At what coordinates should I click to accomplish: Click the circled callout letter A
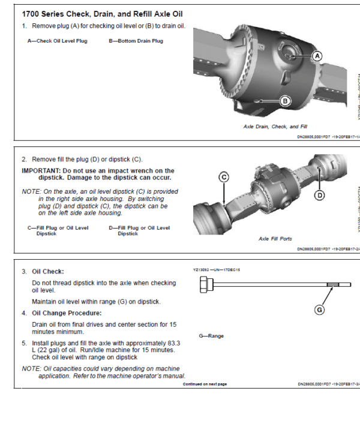(317, 55)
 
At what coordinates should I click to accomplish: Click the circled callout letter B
(286, 101)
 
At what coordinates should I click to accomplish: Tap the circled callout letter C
(224, 177)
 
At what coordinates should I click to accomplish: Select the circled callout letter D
(320, 194)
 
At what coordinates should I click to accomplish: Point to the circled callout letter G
(320, 310)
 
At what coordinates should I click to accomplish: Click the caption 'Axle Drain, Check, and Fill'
(275, 127)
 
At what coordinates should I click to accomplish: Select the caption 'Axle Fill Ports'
(275, 238)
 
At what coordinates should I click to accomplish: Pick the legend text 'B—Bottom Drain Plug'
(136, 41)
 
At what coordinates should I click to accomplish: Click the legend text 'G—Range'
(211, 336)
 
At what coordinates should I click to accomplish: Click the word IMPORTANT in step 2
(40, 171)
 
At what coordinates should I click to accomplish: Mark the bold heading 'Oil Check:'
(48, 272)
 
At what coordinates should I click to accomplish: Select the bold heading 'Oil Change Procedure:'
(67, 313)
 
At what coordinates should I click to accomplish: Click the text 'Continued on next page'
(205, 384)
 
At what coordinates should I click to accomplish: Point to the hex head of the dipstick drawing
(204, 287)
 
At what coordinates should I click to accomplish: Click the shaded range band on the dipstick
(333, 287)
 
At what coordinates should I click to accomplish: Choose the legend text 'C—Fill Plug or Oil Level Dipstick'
(58, 230)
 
